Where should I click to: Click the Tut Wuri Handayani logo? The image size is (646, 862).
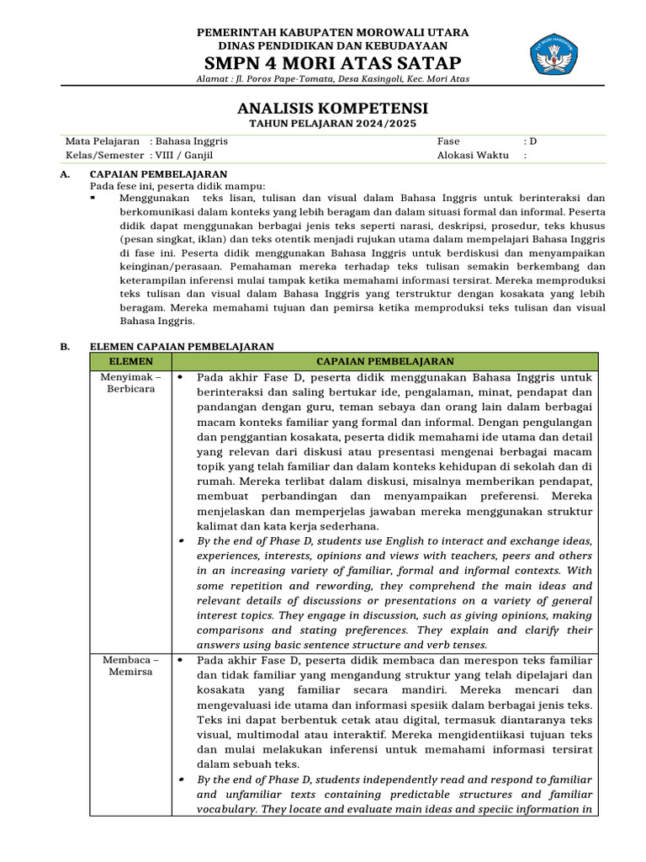click(553, 52)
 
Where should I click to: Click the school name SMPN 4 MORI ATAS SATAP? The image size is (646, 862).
click(332, 64)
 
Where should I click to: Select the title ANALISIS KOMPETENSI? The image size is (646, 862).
click(332, 109)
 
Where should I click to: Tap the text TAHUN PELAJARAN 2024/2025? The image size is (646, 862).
click(332, 124)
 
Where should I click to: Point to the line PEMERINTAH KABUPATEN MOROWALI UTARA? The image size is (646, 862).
click(332, 32)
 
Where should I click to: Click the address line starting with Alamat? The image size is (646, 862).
click(332, 79)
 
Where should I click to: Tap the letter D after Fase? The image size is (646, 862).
click(532, 141)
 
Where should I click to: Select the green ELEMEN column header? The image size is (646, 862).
click(130, 361)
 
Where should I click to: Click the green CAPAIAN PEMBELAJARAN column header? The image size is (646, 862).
click(384, 361)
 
